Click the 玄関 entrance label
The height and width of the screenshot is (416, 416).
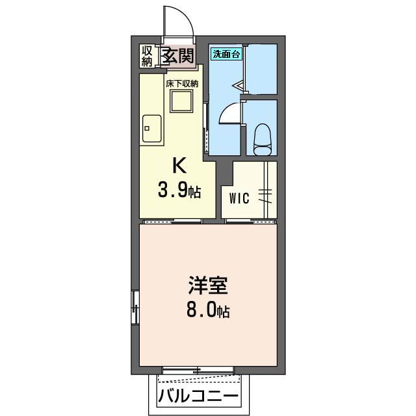(x=178, y=56)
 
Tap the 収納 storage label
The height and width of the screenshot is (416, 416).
(x=148, y=56)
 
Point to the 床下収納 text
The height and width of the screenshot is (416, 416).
(x=181, y=84)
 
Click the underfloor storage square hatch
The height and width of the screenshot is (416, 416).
(x=181, y=101)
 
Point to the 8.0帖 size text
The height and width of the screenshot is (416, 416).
(x=209, y=310)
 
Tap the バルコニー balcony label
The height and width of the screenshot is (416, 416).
(x=198, y=395)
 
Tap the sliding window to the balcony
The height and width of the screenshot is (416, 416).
(x=197, y=370)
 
